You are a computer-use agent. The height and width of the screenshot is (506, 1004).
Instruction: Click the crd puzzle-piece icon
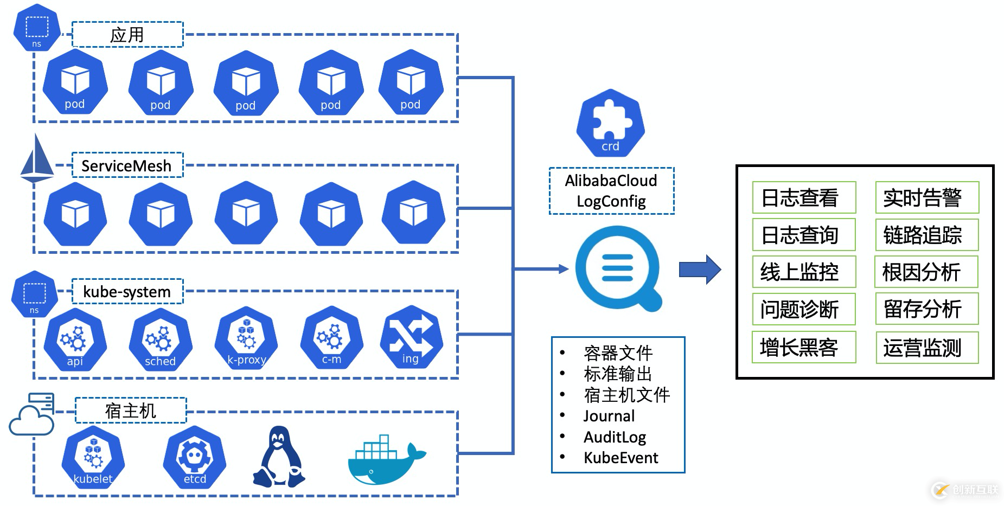610,123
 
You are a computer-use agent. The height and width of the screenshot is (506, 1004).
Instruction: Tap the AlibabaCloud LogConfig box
611,191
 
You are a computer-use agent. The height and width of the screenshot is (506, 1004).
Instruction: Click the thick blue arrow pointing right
700,269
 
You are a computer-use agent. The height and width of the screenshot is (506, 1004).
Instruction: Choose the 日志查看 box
804,197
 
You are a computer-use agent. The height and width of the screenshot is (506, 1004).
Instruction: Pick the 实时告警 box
927,197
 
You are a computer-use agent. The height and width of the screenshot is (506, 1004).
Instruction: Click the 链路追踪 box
927,235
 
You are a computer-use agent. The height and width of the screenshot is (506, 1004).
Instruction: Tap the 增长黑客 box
804,347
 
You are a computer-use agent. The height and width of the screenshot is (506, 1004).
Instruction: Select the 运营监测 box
927,348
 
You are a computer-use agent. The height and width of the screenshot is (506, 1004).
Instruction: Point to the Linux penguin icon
279,457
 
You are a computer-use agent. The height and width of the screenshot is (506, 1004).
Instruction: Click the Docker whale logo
386,460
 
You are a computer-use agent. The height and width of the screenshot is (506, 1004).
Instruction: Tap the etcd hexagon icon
194,457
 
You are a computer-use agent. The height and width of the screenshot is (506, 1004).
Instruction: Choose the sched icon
160,340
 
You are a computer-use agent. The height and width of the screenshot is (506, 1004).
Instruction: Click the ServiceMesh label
127,165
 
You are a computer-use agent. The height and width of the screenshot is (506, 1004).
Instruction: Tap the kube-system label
127,292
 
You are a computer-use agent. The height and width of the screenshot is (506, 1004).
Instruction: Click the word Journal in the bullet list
609,416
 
